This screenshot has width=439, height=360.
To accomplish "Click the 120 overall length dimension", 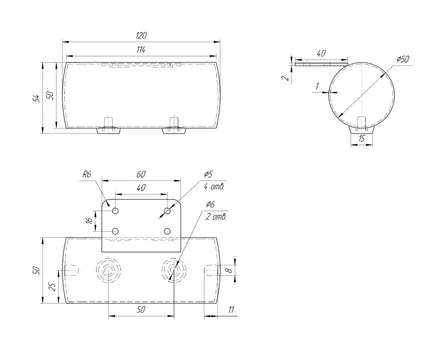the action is click(x=142, y=35).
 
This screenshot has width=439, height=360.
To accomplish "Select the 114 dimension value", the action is click(x=141, y=50).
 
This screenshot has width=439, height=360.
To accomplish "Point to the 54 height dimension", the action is click(x=36, y=98).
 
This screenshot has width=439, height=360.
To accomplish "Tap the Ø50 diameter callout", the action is click(x=403, y=60).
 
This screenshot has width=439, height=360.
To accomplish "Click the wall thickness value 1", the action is click(x=317, y=86).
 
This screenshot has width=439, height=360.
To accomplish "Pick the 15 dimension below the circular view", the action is click(x=361, y=139).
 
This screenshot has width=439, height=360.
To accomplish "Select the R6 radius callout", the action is click(x=87, y=174).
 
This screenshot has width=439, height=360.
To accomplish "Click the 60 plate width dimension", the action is click(x=141, y=174).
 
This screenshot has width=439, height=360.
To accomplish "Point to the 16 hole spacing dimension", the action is click(x=89, y=220).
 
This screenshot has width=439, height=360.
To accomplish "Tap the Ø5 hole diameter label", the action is click(x=208, y=174).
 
